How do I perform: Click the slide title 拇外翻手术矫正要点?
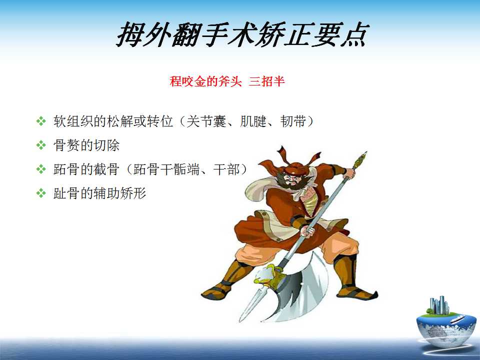[x=242, y=34]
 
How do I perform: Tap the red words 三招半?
[x=266, y=81]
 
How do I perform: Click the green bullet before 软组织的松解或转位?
[x=40, y=121]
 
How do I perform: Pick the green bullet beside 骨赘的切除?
[x=40, y=145]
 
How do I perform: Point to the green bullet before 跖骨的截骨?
[x=40, y=169]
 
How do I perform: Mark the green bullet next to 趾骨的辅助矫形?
[x=40, y=193]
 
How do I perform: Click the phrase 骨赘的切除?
[x=86, y=145]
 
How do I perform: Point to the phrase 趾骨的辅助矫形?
[x=100, y=193]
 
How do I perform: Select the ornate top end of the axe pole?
[x=360, y=160]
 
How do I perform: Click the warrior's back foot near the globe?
[x=357, y=293]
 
